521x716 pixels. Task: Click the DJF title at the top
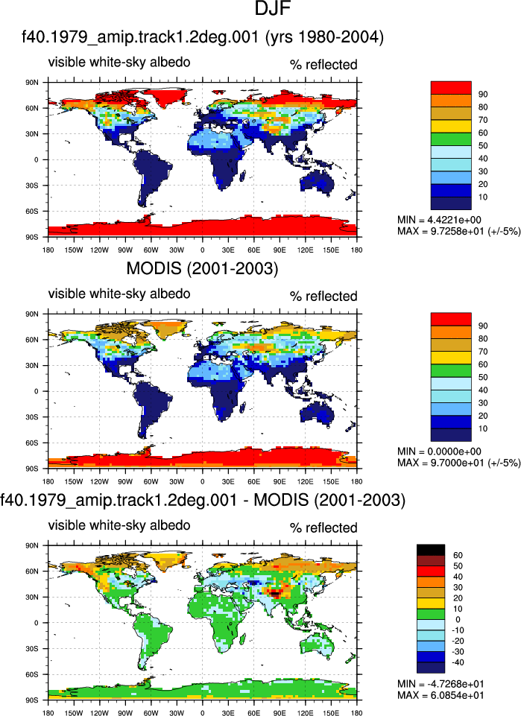tap(273, 9)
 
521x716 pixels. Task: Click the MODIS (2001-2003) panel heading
tap(202, 268)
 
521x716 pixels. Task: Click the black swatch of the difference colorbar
tap(431, 550)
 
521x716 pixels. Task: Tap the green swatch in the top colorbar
tap(451, 139)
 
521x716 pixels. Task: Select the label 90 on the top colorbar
tap(483, 94)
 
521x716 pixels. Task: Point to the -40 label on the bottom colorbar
tap(458, 662)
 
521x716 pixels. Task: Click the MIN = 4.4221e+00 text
tap(439, 220)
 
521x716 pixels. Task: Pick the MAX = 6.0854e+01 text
tap(441, 695)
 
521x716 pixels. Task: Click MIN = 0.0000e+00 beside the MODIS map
tap(439, 452)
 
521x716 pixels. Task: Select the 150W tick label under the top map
tap(74, 250)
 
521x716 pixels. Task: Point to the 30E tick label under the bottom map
tap(228, 713)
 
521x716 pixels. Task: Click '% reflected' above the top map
tap(323, 65)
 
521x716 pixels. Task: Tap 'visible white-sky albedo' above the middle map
tap(119, 293)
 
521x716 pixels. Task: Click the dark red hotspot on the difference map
tap(275, 594)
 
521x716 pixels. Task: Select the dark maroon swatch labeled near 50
tap(431, 560)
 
